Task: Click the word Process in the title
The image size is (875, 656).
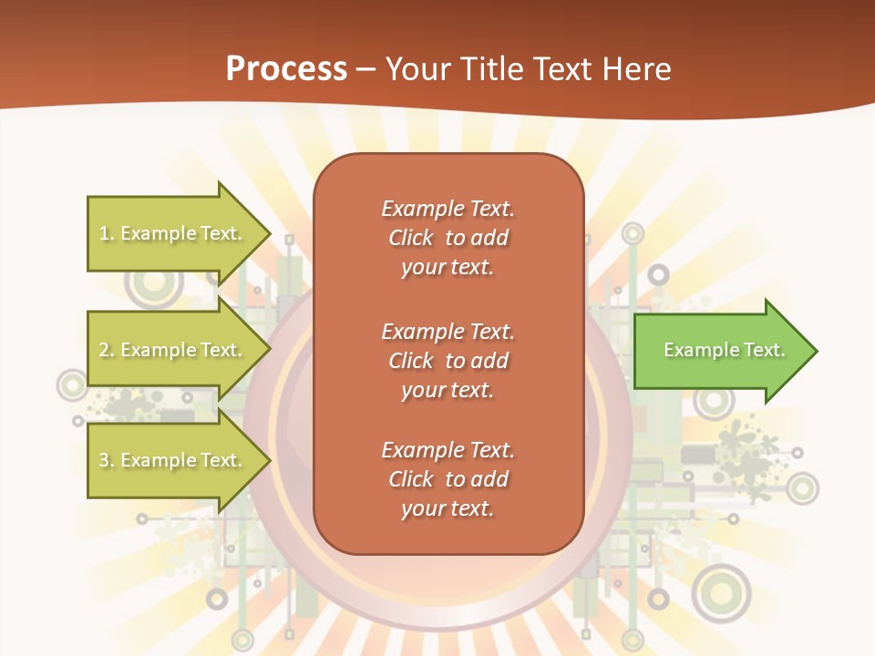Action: pos(286,69)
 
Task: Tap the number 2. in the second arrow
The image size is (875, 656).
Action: pos(106,350)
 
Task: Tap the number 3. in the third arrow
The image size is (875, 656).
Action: pos(106,460)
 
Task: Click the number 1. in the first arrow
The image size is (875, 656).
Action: pos(106,233)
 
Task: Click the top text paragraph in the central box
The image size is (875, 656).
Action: pos(448,238)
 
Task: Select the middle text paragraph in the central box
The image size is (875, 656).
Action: pos(448,361)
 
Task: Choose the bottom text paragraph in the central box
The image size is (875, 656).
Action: pos(448,479)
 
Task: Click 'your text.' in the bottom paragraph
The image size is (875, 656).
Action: pos(448,509)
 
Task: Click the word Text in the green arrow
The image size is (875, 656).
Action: pos(764,350)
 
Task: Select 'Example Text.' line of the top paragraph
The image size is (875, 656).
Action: pos(448,209)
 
